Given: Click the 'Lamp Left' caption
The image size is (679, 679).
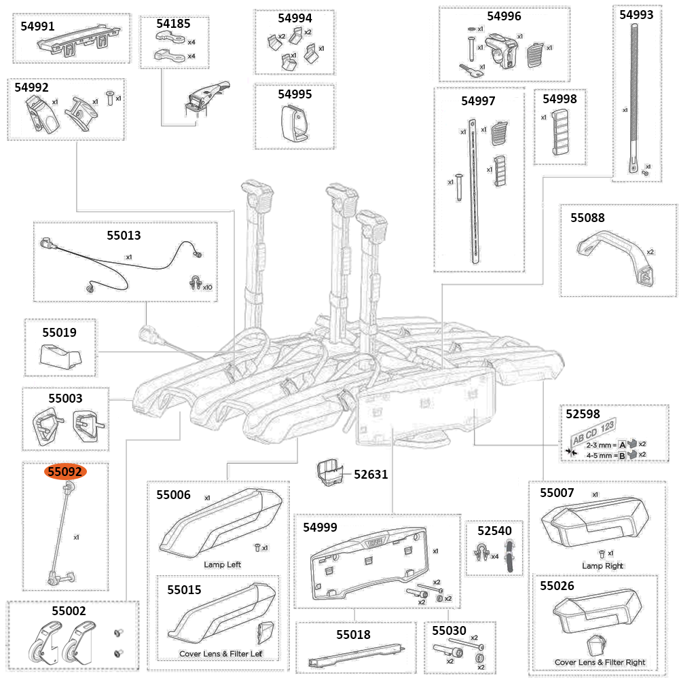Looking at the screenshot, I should click(x=222, y=564).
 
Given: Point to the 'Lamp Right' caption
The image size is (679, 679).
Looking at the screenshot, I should click(x=602, y=566).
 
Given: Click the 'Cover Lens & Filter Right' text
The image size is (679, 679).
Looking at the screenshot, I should click(x=600, y=662).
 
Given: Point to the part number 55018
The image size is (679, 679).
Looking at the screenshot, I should click(x=353, y=634).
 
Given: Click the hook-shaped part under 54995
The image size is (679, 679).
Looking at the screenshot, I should click(x=293, y=124).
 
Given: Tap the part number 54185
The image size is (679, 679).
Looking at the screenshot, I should click(x=174, y=23).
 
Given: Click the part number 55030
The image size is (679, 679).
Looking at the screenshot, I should click(x=449, y=631).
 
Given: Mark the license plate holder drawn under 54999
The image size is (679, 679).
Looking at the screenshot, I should click(x=371, y=565).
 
